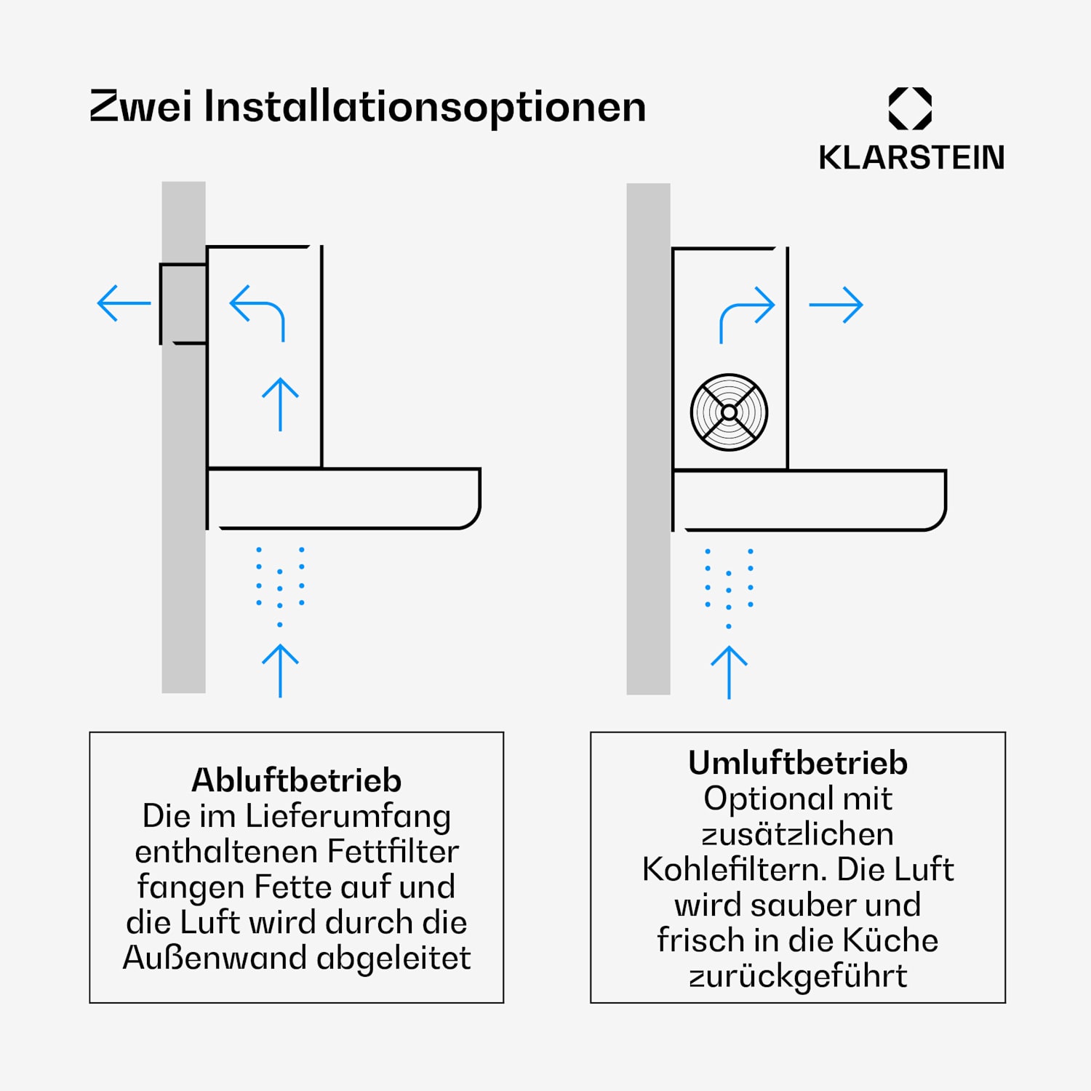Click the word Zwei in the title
pos(141,106)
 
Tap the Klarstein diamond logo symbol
pos(911,108)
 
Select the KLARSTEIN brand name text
pos(911,157)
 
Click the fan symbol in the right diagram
pos(729,412)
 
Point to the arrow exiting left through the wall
pos(124,303)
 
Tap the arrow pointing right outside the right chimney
pos(836,305)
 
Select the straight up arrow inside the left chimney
pos(281,404)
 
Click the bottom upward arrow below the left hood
pos(281,671)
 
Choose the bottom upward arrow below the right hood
pos(729,673)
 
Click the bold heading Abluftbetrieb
pos(297,780)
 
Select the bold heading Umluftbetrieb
pos(798,763)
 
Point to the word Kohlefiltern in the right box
pos(735,869)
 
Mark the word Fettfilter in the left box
pos(393,851)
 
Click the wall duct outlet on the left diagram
pos(183,303)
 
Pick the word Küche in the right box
pos(890,940)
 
